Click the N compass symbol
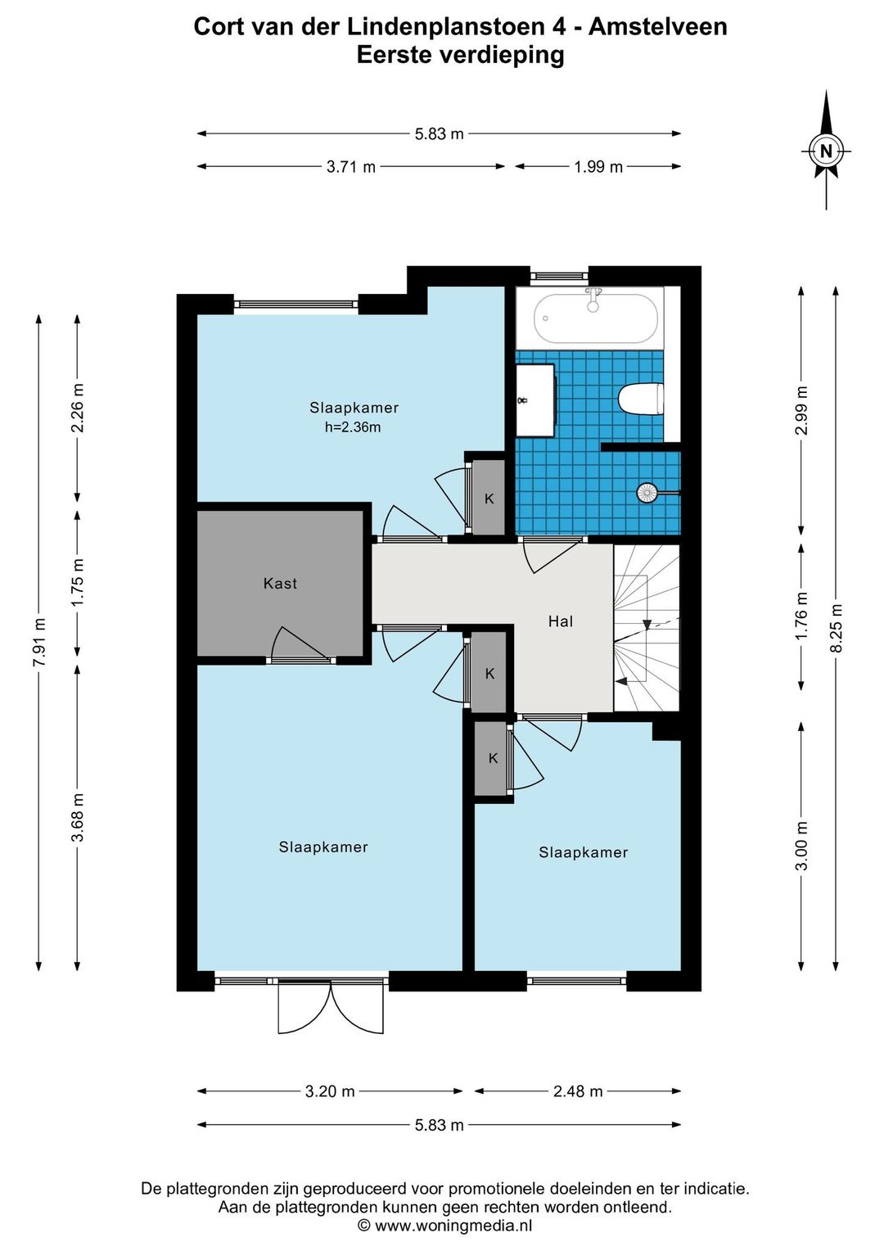[826, 151]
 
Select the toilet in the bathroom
[641, 399]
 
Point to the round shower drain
[646, 492]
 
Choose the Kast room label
[280, 584]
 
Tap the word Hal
[561, 621]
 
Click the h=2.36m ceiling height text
[353, 428]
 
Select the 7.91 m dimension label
[39, 642]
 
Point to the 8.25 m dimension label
[836, 628]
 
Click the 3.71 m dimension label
[351, 166]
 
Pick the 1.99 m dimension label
[598, 166]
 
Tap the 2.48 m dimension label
[578, 1091]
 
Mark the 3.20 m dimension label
[330, 1091]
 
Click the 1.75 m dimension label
[78, 581]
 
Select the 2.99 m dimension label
[801, 410]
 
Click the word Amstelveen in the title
[658, 27]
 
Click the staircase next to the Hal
[647, 628]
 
